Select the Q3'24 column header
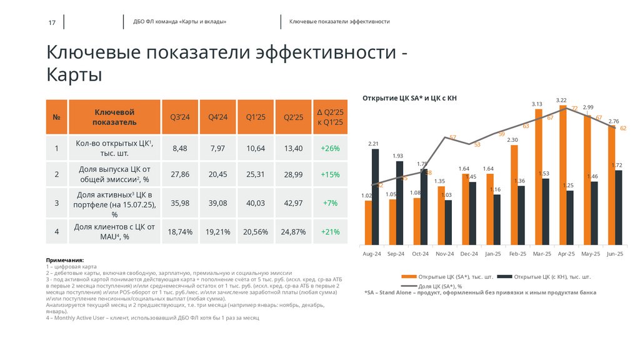coord(180,117)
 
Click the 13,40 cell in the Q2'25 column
coord(293,148)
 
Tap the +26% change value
coord(330,148)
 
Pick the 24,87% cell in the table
coord(293,232)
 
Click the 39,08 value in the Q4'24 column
coord(218,203)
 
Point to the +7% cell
coord(330,203)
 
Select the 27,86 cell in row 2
coord(180,174)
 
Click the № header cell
coord(56,117)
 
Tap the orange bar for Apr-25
coord(563,175)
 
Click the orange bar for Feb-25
coord(514,194)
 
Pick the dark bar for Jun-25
coord(618,207)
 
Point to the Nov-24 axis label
coord(444,254)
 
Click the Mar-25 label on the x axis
coord(541,254)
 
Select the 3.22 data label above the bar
coord(561,100)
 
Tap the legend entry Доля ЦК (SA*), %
coord(440,286)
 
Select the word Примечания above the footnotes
coord(64,259)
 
